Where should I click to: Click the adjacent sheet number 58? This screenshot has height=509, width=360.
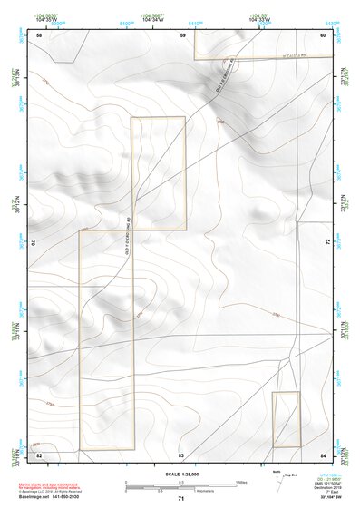(39, 35)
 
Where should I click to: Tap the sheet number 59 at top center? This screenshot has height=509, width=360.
(182, 35)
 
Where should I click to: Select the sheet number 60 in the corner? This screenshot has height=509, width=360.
(324, 35)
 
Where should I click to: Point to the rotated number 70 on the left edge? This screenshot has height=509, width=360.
(37, 242)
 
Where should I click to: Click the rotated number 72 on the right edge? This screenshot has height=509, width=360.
(326, 242)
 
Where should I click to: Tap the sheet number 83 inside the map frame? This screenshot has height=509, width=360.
(181, 453)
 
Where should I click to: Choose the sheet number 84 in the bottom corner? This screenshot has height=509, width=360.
(324, 453)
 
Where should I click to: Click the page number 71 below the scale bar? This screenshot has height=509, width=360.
(181, 499)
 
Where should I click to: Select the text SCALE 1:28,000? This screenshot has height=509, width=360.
(181, 474)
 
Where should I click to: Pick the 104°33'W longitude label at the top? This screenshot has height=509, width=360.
(260, 18)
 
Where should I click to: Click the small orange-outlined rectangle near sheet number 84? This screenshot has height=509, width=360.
(287, 419)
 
